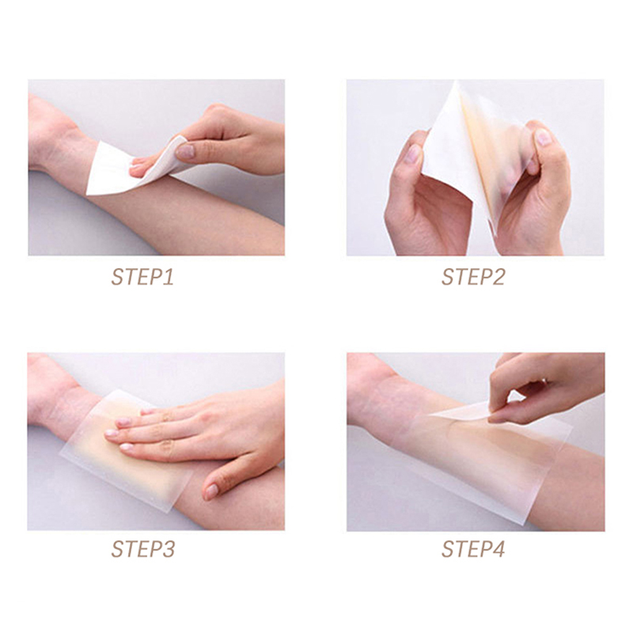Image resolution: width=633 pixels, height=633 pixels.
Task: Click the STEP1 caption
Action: tap(142, 278)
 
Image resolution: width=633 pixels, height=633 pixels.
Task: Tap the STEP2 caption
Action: tap(473, 278)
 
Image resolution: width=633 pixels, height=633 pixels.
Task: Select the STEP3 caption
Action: tap(143, 549)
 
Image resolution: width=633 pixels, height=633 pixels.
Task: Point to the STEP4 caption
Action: tap(473, 549)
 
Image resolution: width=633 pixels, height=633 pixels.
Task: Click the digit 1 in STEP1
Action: tap(169, 278)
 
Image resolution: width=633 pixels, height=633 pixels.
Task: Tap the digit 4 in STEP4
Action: tap(498, 549)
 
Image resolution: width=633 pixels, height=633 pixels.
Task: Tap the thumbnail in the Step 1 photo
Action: tap(185, 151)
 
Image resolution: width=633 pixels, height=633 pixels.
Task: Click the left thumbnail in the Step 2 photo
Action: tap(412, 154)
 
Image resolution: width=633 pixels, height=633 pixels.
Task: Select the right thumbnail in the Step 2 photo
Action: tap(543, 137)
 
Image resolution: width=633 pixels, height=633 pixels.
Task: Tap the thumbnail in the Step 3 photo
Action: tap(211, 491)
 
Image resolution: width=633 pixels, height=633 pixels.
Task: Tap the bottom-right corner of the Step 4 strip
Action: tap(525, 525)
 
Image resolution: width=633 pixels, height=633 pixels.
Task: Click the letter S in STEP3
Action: tap(117, 549)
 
